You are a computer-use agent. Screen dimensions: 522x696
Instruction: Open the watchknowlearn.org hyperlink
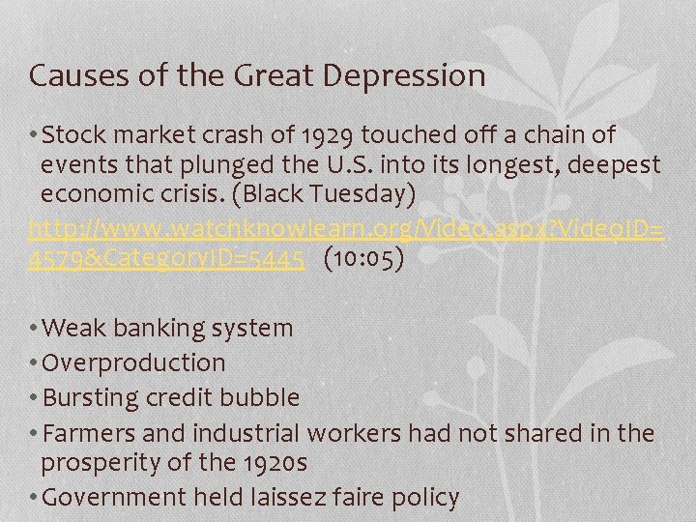pos(346,229)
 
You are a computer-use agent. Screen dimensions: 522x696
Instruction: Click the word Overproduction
pos(134,362)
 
